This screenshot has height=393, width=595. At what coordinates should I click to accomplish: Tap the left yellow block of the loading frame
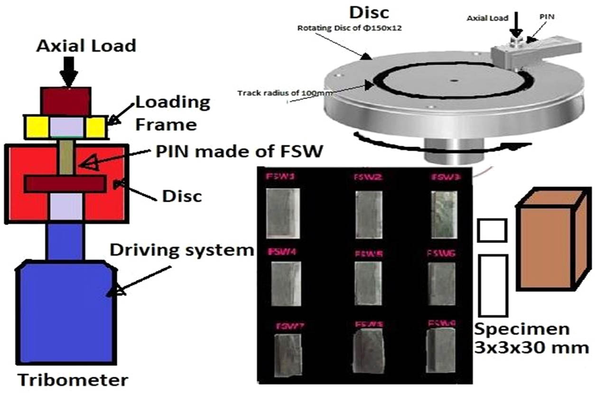(37, 127)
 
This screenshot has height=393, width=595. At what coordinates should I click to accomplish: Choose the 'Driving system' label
(183, 249)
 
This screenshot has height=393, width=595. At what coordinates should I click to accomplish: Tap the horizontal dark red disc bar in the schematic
(65, 184)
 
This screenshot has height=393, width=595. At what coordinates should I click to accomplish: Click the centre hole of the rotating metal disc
(455, 81)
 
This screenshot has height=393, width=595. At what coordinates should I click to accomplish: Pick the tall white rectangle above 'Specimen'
(493, 285)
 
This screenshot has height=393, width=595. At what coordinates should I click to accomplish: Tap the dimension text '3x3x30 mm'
(531, 347)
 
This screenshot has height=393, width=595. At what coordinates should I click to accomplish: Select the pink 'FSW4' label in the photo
(282, 251)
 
